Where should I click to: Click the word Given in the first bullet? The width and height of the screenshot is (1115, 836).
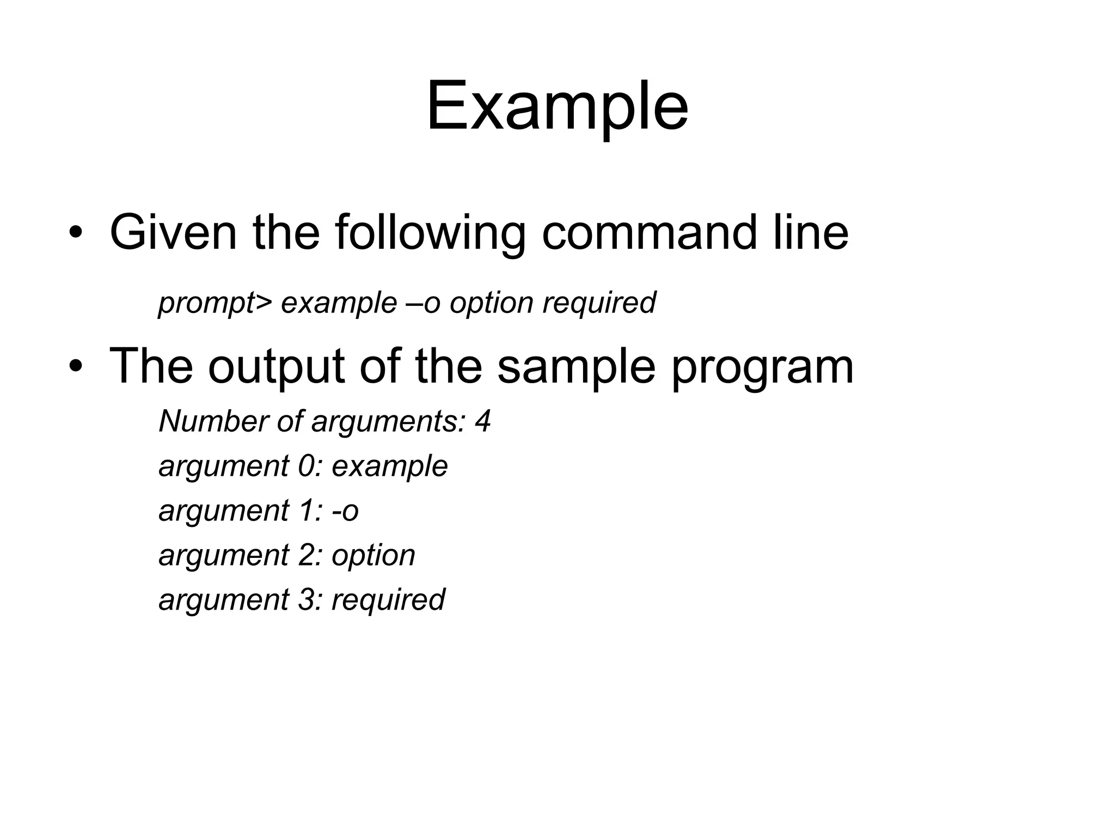point(173,232)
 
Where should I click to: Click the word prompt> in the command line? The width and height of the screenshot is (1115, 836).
point(215,303)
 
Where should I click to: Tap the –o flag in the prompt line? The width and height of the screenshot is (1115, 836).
point(424,303)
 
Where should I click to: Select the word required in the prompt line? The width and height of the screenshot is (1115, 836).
point(599,303)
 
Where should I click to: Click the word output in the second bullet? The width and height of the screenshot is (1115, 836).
point(276,366)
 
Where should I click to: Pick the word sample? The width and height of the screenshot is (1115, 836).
point(576,366)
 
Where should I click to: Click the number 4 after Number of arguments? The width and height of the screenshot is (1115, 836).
point(482,421)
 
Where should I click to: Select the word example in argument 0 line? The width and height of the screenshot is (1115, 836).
point(390,466)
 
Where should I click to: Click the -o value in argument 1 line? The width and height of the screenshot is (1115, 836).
point(345,511)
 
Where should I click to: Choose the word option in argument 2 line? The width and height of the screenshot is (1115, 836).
point(373,556)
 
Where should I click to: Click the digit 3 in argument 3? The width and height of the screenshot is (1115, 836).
point(306,600)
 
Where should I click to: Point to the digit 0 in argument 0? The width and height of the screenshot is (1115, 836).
point(307,466)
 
